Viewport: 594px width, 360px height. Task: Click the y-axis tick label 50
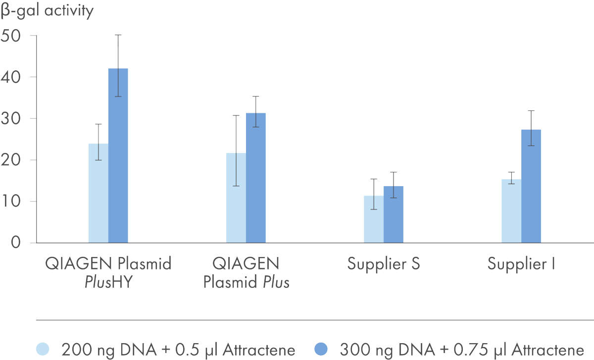click(x=12, y=36)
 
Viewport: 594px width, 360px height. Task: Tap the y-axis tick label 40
click(x=12, y=77)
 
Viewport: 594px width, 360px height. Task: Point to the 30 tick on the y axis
click(x=12, y=119)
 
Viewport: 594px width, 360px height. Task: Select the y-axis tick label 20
click(x=12, y=160)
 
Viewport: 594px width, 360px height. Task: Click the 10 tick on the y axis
click(x=12, y=202)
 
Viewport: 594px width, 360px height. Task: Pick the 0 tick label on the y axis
click(x=16, y=243)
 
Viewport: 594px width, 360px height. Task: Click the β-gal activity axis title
click(x=47, y=10)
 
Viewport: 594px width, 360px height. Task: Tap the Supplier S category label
click(x=384, y=263)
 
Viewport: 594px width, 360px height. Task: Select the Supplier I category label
click(x=521, y=263)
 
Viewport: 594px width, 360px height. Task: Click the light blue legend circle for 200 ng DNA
click(x=45, y=349)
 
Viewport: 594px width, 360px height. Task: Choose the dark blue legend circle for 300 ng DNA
click(x=323, y=349)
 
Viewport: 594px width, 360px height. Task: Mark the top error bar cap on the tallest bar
click(x=118, y=35)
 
